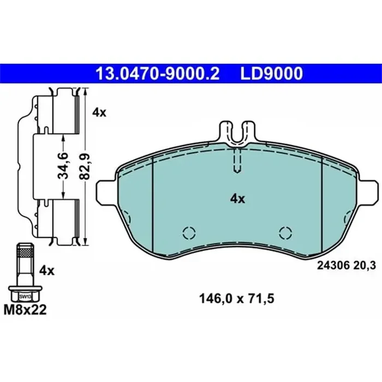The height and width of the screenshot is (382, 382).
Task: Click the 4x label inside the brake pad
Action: pos(237,199)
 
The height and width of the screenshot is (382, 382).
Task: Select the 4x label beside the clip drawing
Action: pos(99,113)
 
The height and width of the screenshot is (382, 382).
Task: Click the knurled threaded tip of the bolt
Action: pos(24,252)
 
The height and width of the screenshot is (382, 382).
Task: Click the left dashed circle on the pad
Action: pos(188,233)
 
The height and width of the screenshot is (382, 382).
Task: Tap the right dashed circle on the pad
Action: pos(285,233)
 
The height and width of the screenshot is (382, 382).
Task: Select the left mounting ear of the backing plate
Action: pos(105,192)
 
